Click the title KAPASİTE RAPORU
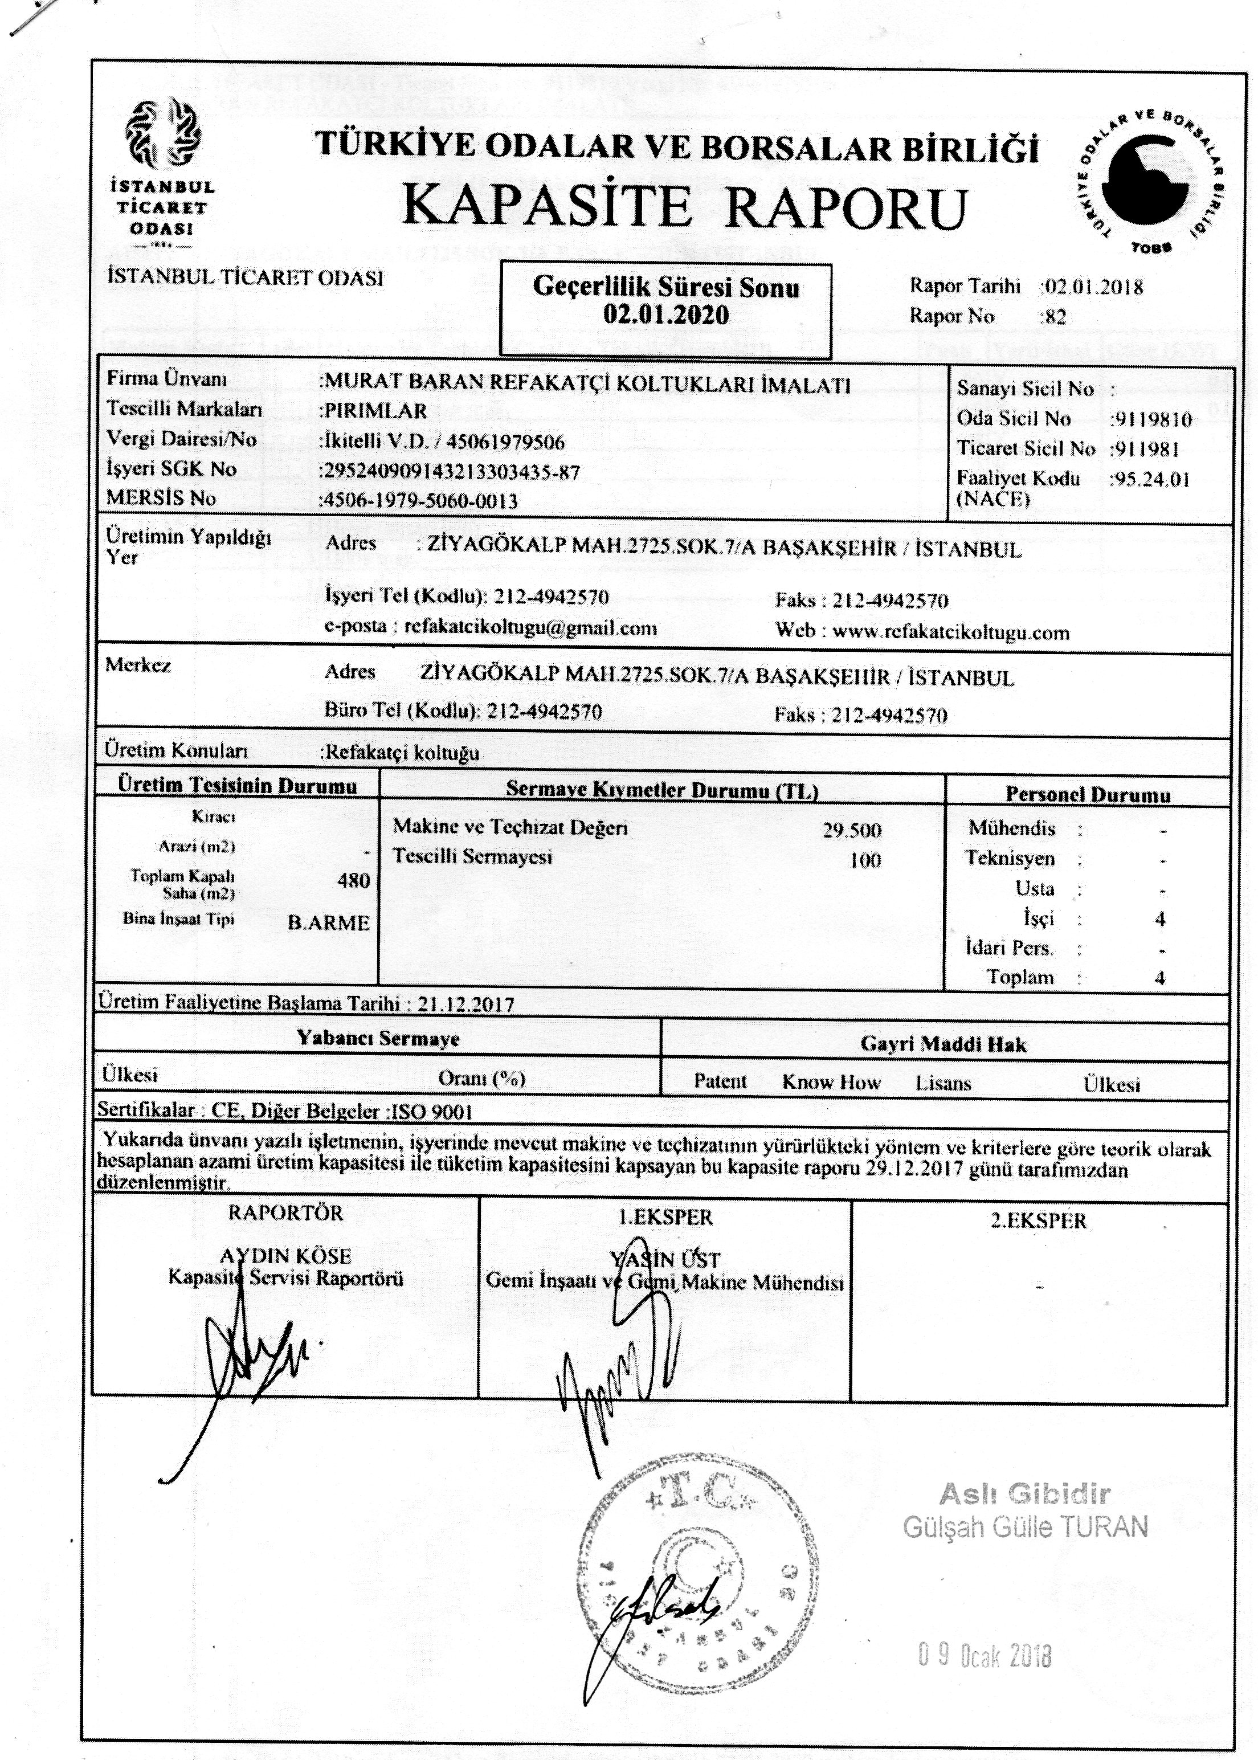pyautogui.click(x=685, y=207)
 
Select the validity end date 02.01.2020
pyautogui.click(x=665, y=315)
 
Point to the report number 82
pyautogui.click(x=1056, y=316)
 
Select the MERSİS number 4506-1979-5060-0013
pyautogui.click(x=419, y=500)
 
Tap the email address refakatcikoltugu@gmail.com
pyautogui.click(x=530, y=627)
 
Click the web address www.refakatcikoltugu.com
pyautogui.click(x=950, y=632)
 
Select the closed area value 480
pyautogui.click(x=353, y=881)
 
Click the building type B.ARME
pyautogui.click(x=328, y=924)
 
